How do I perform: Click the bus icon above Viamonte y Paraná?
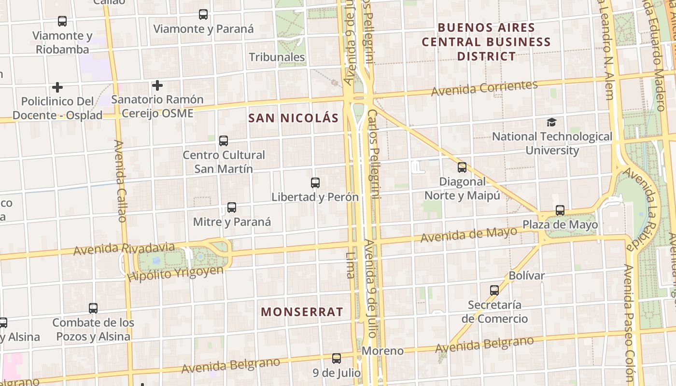click(203, 14)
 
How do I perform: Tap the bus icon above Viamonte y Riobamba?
click(62, 21)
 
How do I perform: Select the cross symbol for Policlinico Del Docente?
click(57, 87)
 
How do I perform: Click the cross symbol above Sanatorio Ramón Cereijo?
click(157, 86)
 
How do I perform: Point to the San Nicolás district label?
click(294, 118)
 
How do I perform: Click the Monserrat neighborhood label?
click(302, 312)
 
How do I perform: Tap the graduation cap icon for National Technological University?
click(551, 122)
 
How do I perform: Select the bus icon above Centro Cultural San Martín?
click(224, 141)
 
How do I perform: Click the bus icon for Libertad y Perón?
click(315, 183)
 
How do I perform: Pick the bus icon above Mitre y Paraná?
click(232, 207)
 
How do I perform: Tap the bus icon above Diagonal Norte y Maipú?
click(462, 167)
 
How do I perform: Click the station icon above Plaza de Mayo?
click(560, 210)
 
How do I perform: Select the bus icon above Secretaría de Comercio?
click(494, 290)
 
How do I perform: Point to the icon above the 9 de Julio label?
click(337, 358)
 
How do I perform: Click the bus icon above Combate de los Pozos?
click(93, 308)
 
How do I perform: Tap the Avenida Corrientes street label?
click(484, 88)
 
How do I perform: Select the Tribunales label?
click(277, 57)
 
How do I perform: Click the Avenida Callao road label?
click(120, 181)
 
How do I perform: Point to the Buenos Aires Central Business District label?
click(486, 42)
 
